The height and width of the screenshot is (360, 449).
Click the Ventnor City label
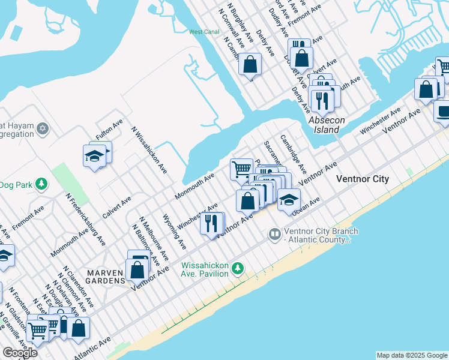point(362,179)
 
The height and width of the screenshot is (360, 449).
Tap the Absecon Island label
point(327,124)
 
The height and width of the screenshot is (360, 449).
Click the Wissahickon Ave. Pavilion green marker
point(238,268)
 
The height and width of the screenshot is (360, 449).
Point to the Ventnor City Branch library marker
point(275,233)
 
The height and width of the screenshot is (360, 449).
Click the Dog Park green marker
point(41,184)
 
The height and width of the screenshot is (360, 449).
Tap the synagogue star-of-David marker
point(42,128)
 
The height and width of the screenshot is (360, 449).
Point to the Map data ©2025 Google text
point(411,355)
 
